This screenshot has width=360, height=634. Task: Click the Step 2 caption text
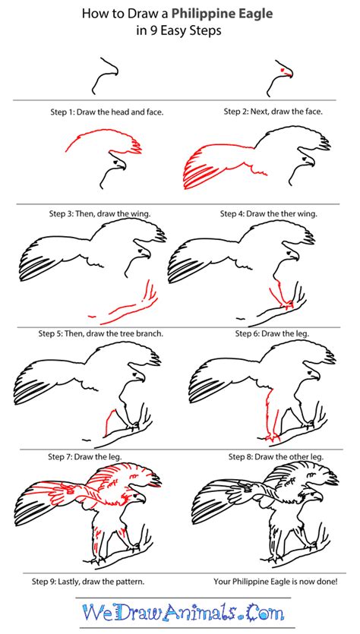[x=273, y=111]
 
